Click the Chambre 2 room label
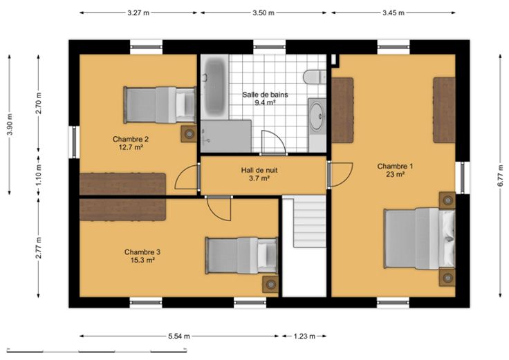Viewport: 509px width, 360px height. point(131,139)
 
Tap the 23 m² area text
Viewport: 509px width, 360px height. point(395,175)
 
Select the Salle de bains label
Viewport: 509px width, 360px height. point(265,95)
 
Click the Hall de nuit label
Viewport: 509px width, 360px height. point(259,170)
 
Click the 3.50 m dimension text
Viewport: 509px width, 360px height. point(263,13)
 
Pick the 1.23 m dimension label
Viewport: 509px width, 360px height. point(304,337)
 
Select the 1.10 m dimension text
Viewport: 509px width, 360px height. point(39,175)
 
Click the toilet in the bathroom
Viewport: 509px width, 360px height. point(315,77)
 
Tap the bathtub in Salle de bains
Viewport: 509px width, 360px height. point(214,86)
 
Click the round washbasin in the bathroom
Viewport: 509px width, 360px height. point(317,115)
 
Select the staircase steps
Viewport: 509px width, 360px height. point(310,223)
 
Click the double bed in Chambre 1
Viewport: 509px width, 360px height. point(419,238)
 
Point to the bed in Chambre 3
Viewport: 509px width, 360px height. point(242,256)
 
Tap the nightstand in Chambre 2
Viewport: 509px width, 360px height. point(189,133)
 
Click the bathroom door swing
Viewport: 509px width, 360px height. point(274,142)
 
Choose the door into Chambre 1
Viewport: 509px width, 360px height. point(340,175)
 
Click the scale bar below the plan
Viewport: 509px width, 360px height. point(97,350)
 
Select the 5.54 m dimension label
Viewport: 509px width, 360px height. point(179,337)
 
